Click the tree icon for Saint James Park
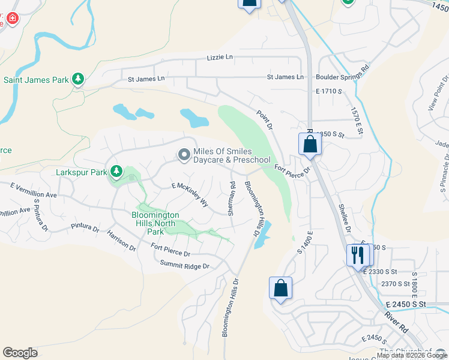[77, 79]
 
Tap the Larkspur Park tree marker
[115, 172]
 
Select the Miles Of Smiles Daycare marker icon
[184, 155]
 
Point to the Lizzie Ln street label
[220, 57]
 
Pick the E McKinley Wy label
[190, 195]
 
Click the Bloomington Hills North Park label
[155, 223]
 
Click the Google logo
[20, 353]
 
